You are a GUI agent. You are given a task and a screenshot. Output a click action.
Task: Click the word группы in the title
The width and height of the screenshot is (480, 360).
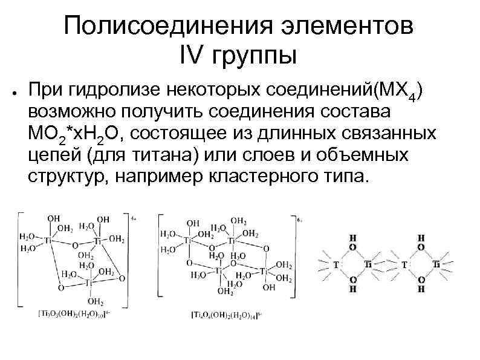[255, 57]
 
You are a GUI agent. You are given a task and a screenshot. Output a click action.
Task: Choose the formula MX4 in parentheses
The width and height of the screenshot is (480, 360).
[401, 91]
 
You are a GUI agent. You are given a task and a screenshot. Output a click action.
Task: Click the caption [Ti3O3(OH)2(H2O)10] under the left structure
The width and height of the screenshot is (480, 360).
[73, 314]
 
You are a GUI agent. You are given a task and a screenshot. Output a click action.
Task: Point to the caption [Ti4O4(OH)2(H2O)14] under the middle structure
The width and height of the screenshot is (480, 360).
[225, 315]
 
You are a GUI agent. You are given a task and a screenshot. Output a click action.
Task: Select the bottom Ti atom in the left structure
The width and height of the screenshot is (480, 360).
[88, 283]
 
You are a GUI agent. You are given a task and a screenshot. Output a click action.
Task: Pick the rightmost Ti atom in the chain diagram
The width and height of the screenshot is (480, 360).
[436, 264]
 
